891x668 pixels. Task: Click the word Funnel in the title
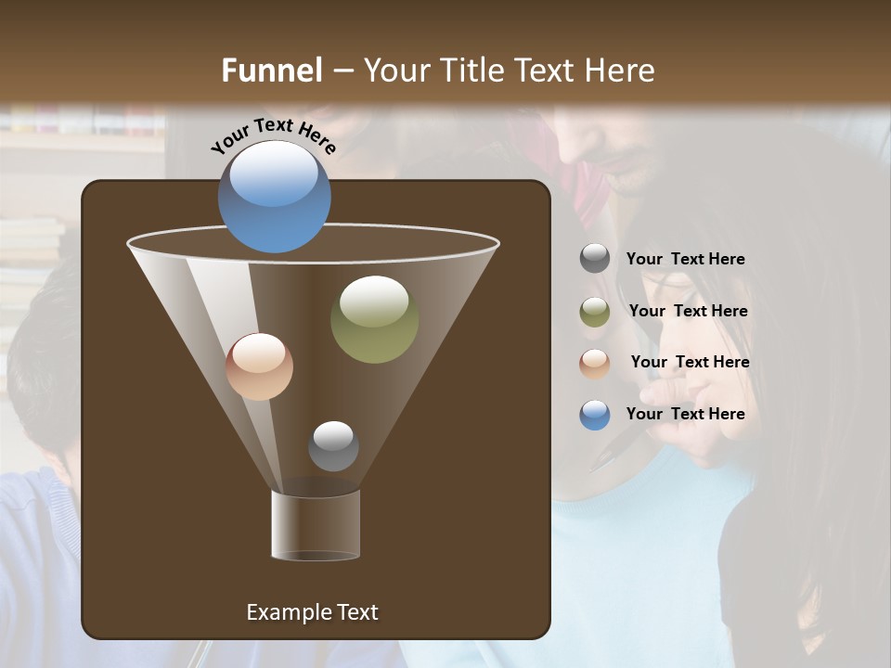coord(271,71)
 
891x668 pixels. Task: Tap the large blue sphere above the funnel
coord(274,196)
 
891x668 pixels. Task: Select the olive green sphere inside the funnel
coord(374,318)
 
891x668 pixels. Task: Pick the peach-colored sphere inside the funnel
coord(259,366)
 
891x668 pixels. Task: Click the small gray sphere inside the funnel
coord(333,445)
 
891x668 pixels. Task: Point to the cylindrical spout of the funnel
coord(316,525)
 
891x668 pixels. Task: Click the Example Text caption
coord(312,612)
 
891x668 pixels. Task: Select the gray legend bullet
coord(595,259)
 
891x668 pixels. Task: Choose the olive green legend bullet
coord(595,311)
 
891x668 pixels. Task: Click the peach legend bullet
coord(595,363)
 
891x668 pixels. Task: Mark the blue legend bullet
coord(595,415)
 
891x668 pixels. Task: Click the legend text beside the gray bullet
coord(685,260)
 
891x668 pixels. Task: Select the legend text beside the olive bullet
coord(688,312)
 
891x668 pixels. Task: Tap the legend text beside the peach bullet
coord(690,363)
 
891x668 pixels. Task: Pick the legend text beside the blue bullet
coord(685,415)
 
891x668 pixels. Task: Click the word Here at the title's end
coord(622,71)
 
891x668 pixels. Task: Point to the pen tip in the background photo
coord(593,463)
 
